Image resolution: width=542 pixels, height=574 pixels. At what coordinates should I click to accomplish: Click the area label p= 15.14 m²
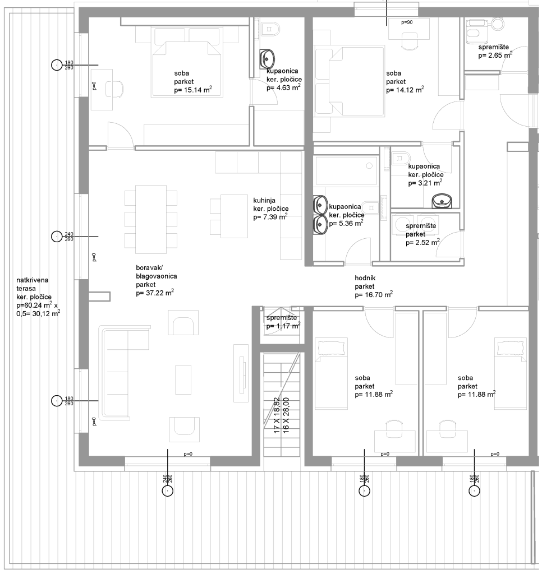193,90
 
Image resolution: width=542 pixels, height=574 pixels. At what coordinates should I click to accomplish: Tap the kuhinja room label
264,200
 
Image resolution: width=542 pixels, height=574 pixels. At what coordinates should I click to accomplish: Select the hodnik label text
365,278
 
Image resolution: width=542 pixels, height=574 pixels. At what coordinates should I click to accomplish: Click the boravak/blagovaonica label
157,272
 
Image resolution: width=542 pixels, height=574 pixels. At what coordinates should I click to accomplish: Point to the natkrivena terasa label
32,284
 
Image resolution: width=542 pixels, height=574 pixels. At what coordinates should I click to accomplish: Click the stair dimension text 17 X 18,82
277,415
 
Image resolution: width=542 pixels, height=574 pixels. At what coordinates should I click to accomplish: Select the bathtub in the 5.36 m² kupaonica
346,170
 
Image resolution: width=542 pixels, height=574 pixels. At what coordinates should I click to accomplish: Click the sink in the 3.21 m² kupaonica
442,201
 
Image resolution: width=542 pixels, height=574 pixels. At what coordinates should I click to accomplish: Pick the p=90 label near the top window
407,22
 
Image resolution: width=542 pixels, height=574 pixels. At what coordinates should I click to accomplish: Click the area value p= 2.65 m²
495,55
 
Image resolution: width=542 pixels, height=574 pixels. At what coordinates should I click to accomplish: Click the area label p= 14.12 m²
405,90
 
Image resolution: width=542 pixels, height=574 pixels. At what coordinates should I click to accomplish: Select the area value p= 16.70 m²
374,294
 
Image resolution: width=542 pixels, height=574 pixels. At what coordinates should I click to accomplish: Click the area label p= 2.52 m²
422,242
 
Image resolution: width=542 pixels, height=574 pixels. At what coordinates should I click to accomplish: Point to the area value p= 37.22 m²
155,293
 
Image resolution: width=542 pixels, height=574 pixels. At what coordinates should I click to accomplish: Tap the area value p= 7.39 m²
270,217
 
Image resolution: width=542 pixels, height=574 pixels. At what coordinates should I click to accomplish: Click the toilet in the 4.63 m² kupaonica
271,29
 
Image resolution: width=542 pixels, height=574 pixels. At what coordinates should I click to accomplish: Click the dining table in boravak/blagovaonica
150,219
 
